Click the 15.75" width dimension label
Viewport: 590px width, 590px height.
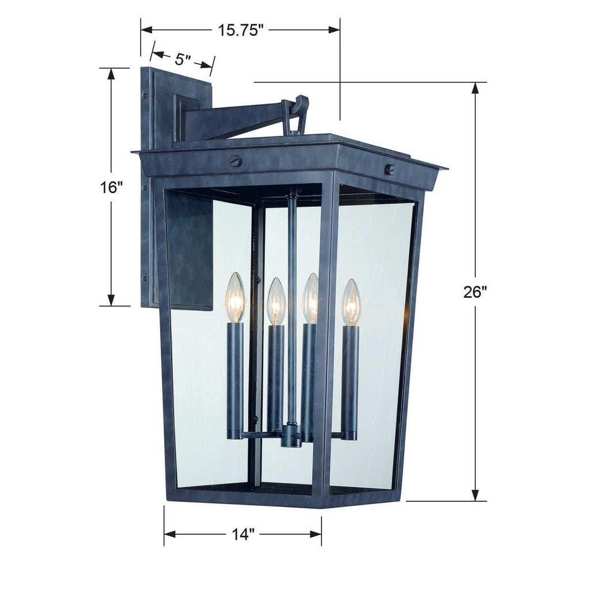(240, 30)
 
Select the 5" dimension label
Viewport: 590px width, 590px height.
(183, 59)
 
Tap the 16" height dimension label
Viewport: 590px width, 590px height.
(111, 187)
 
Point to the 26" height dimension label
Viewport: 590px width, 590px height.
(475, 292)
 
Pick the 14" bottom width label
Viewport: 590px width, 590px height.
(243, 535)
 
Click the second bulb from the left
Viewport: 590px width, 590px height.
(276, 301)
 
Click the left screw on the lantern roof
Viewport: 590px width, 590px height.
(235, 161)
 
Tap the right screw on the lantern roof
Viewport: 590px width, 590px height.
(390, 169)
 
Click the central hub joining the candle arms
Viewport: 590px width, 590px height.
(291, 435)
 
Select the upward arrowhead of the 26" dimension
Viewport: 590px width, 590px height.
(475, 88)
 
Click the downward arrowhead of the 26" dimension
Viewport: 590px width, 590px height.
(475, 495)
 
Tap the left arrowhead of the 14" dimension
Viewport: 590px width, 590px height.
(169, 534)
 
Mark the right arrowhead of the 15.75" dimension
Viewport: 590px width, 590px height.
(334, 30)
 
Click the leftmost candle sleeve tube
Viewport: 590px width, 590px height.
(235, 380)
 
